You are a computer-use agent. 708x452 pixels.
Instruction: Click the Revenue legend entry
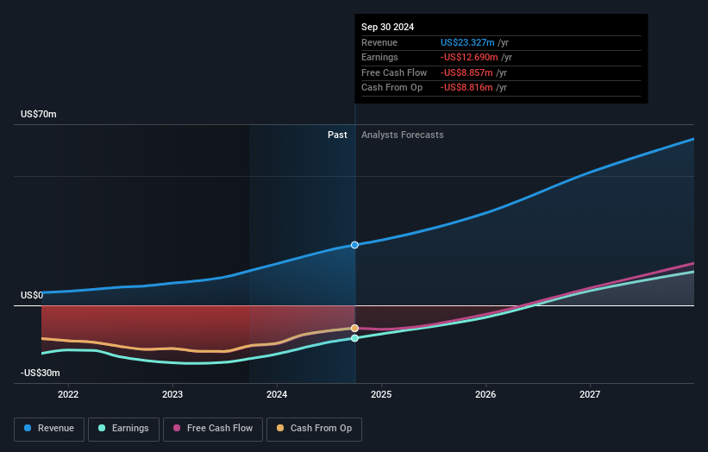coord(49,428)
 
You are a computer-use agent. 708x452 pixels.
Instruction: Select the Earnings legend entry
coord(123,428)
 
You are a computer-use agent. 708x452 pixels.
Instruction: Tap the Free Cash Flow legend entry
coord(212,428)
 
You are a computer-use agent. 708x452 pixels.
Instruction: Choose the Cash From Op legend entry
coord(314,428)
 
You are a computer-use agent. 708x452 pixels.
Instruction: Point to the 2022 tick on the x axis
coord(68,394)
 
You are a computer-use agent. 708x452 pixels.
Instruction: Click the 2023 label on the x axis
coord(172,394)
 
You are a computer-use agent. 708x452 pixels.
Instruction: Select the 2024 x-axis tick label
coord(277,394)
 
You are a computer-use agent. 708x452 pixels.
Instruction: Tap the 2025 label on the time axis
coord(381,394)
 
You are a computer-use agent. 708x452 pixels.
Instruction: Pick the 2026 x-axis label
coord(486,394)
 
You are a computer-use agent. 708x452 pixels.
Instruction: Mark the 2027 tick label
coord(590,394)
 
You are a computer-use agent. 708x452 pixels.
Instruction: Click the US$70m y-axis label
coord(39,115)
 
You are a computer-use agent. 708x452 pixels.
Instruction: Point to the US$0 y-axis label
coord(33,296)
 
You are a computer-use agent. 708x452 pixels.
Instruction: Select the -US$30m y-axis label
coord(41,373)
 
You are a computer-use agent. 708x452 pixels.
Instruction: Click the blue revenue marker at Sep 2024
coord(354,245)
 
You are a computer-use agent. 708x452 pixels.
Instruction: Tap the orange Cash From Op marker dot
coord(354,328)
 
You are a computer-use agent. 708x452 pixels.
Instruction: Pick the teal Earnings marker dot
coord(354,338)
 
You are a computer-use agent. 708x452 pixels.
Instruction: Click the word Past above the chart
coord(337,135)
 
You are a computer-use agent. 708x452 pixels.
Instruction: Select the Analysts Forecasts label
coord(403,135)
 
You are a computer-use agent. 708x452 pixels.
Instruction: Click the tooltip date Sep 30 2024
coord(387,27)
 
